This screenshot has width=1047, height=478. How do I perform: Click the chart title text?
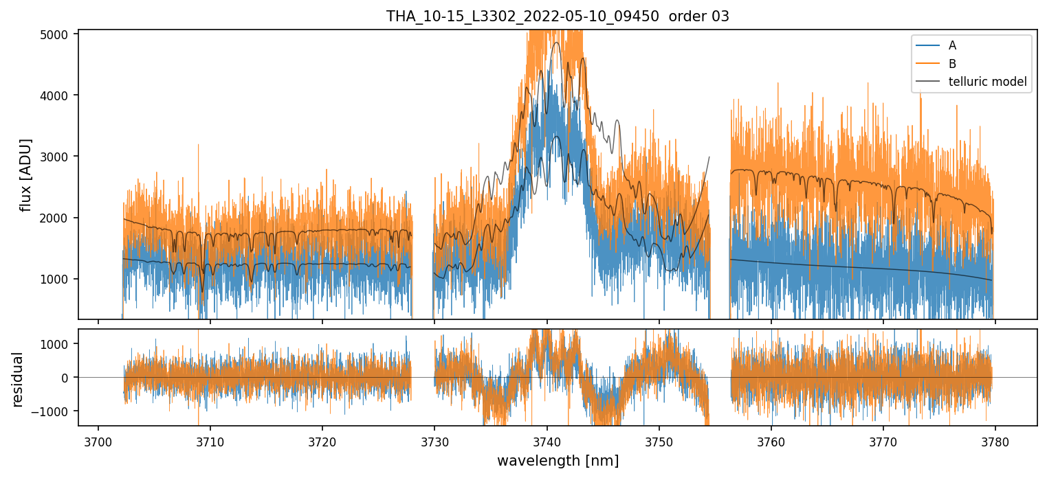coord(558,16)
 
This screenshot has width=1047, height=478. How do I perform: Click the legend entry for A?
coord(952,45)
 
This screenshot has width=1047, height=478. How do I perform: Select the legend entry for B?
coord(952,64)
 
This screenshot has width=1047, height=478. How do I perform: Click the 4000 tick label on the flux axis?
coord(59,95)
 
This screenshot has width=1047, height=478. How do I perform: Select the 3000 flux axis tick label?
coord(59,157)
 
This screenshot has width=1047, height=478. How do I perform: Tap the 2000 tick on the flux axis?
coord(59,218)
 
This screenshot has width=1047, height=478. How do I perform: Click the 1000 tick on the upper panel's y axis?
coord(59,279)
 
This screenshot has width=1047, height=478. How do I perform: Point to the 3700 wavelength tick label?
coord(98,440)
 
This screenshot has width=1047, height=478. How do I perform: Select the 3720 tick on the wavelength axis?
coord(322,440)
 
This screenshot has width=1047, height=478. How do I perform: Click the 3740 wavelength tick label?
coord(547,440)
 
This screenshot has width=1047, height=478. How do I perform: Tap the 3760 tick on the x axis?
coord(771,440)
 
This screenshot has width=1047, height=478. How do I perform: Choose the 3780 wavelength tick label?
coord(995,440)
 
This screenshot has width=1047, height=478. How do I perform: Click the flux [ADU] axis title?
coord(26,174)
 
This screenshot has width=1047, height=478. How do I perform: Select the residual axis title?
coord(17,378)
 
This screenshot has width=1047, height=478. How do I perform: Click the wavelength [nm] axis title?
coord(558,460)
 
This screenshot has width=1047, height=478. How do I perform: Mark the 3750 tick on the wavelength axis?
coord(659,440)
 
